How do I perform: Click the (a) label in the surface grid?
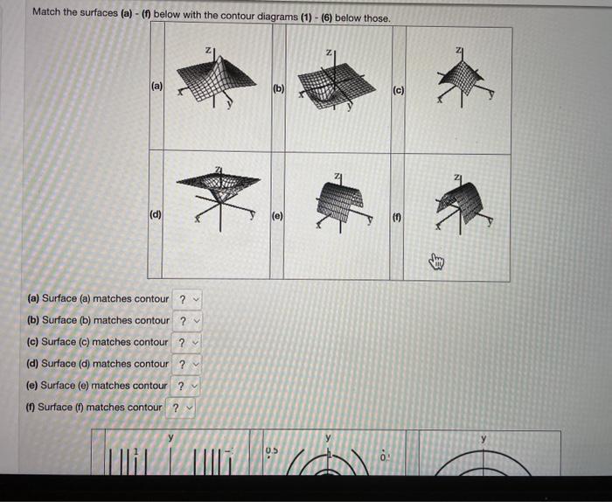coord(157,87)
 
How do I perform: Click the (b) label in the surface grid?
coord(278,88)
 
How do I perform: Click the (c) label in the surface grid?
coord(397,89)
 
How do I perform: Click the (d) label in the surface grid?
coord(155,213)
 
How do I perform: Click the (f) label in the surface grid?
coord(396,213)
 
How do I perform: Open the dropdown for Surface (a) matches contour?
coord(187,300)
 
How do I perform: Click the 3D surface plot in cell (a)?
coord(205,81)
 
